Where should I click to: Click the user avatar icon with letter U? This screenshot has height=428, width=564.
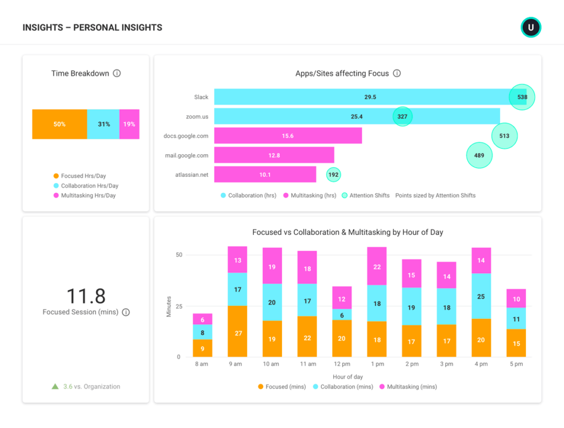tap(531, 27)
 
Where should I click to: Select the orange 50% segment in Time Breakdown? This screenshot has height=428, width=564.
tap(59, 124)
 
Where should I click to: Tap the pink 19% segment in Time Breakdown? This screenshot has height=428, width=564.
tap(129, 124)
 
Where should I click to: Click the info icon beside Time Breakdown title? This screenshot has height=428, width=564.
tap(117, 73)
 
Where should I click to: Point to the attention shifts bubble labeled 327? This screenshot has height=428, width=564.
tap(403, 117)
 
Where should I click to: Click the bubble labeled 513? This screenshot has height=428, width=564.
tap(505, 136)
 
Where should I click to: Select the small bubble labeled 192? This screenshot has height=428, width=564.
tap(333, 175)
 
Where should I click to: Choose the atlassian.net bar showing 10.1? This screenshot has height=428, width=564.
tap(265, 175)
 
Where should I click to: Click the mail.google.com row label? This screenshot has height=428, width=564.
tap(186, 155)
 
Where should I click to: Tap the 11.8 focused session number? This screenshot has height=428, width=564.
tap(85, 296)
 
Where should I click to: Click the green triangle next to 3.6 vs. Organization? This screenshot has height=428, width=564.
tap(55, 387)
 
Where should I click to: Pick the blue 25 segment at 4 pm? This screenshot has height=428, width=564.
tap(481, 296)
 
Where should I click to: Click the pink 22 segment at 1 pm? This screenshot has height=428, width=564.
tap(377, 266)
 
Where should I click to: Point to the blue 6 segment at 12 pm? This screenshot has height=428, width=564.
tap(341, 315)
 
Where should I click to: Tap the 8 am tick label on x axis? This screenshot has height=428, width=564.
tap(202, 364)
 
